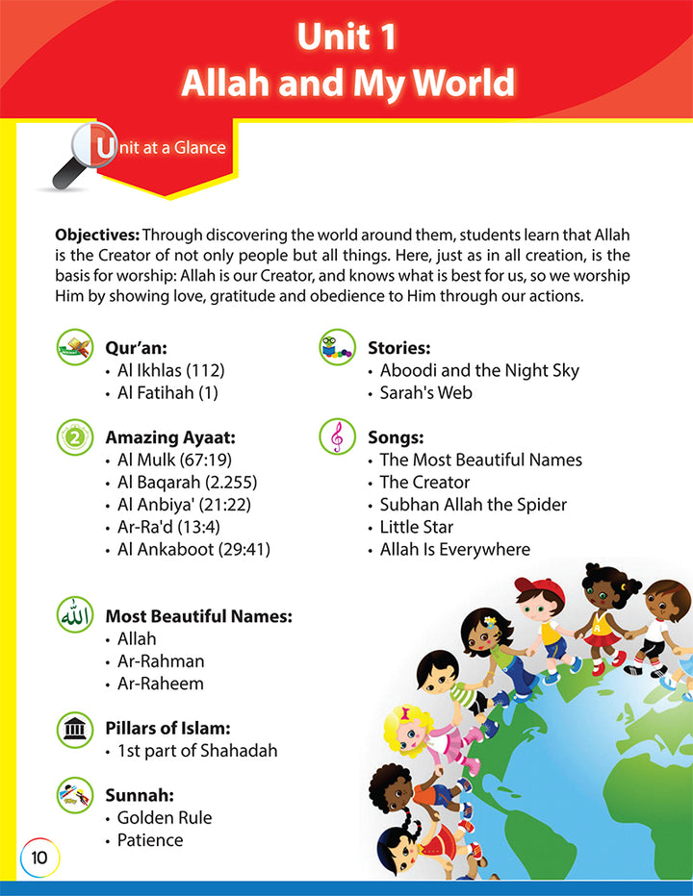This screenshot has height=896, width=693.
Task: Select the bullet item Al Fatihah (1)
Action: coord(167,393)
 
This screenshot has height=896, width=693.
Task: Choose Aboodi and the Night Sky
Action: coord(479,370)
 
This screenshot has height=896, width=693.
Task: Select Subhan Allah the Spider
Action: coord(474,504)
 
